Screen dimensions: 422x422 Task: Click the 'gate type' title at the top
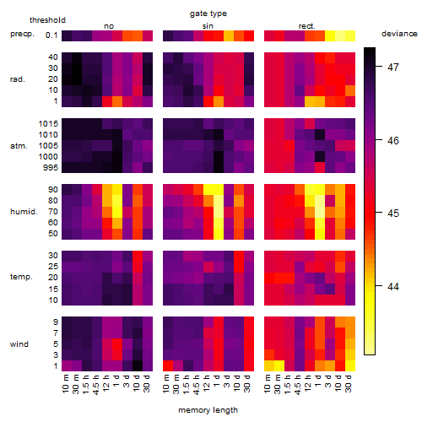pyautogui.click(x=208, y=14)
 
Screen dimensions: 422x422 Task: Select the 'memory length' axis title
pyautogui.click(x=208, y=410)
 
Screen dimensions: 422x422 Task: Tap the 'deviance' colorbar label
pyautogui.click(x=399, y=34)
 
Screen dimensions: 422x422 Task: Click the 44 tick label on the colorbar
pyautogui.click(x=393, y=286)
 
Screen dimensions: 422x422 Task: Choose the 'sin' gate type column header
pyautogui.click(x=208, y=26)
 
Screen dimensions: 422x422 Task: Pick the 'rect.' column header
pyautogui.click(x=307, y=26)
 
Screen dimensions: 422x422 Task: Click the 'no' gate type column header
pyautogui.click(x=109, y=26)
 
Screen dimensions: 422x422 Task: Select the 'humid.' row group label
pyautogui.click(x=24, y=212)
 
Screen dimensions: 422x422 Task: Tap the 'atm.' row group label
pyautogui.click(x=19, y=146)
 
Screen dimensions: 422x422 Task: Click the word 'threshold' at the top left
pyautogui.click(x=47, y=20)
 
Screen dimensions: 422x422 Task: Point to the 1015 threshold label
pyautogui.click(x=48, y=123)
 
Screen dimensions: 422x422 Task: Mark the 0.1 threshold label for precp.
pyautogui.click(x=51, y=35)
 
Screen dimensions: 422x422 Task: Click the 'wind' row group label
pyautogui.click(x=19, y=344)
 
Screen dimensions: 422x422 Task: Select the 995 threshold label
pyautogui.click(x=51, y=168)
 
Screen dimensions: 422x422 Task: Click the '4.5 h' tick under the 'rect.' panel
pyautogui.click(x=298, y=385)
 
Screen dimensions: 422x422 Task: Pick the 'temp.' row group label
pyautogui.click(x=21, y=277)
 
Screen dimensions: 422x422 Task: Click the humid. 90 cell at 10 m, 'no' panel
pyautogui.click(x=67, y=189)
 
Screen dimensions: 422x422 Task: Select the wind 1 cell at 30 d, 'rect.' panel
pyautogui.click(x=350, y=365)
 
